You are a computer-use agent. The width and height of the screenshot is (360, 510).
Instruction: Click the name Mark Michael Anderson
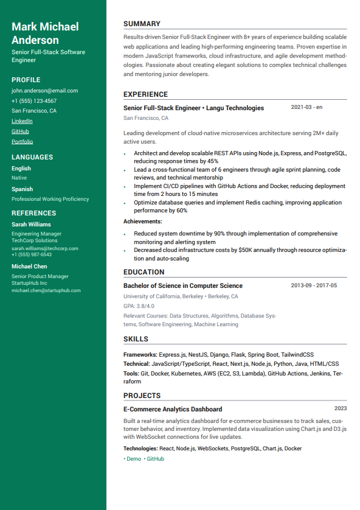(x=45, y=33)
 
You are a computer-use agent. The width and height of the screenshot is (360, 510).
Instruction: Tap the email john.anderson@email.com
(x=44, y=91)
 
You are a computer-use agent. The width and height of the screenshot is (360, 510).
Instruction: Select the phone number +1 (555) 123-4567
(x=34, y=101)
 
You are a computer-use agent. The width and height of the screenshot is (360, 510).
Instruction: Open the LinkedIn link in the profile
(x=22, y=121)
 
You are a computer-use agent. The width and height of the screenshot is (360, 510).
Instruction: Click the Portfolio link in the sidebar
(x=22, y=142)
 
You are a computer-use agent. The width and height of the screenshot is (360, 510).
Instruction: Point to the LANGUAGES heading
(x=32, y=157)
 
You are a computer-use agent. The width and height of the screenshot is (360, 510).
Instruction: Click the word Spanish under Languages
(x=22, y=189)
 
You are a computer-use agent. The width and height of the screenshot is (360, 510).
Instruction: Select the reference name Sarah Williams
(x=31, y=225)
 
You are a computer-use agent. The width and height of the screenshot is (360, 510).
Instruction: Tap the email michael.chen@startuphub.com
(x=46, y=290)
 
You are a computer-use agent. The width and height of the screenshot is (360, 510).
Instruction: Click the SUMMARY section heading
(x=142, y=24)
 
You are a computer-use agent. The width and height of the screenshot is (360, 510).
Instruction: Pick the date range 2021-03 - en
(x=306, y=107)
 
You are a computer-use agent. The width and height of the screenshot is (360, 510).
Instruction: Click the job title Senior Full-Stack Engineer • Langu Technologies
(x=193, y=108)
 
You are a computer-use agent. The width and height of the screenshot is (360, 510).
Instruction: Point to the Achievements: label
(x=142, y=222)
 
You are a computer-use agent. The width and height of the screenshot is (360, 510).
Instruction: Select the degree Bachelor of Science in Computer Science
(x=182, y=285)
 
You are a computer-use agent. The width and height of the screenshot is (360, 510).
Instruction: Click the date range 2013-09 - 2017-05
(x=314, y=285)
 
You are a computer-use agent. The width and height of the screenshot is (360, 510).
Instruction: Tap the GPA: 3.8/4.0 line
(x=139, y=306)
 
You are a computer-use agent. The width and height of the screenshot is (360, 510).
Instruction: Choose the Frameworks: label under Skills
(x=140, y=354)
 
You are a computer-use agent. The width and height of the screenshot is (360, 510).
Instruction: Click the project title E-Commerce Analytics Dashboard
(x=172, y=409)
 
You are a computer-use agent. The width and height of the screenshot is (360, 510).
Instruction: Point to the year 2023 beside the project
(x=341, y=408)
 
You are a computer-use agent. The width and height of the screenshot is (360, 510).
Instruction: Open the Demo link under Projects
(x=133, y=459)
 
